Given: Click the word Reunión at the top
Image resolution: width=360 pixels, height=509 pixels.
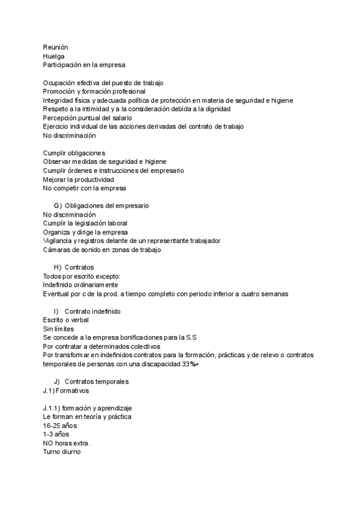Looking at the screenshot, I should (x=56, y=47).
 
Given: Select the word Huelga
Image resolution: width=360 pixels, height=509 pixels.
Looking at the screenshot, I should (x=54, y=56).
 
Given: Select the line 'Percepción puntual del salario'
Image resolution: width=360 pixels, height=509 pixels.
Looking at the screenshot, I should (x=88, y=118).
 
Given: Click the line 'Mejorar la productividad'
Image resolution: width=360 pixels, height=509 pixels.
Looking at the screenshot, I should (x=79, y=179).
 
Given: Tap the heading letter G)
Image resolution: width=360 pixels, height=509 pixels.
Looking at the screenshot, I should (x=58, y=206).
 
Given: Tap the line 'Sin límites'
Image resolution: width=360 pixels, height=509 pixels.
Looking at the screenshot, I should (x=58, y=329).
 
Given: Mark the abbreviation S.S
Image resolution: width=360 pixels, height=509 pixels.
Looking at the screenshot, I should (x=191, y=338).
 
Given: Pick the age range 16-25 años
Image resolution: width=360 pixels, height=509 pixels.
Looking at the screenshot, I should (x=60, y=426).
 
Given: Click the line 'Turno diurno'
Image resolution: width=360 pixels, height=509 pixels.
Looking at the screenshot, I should (x=61, y=452).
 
